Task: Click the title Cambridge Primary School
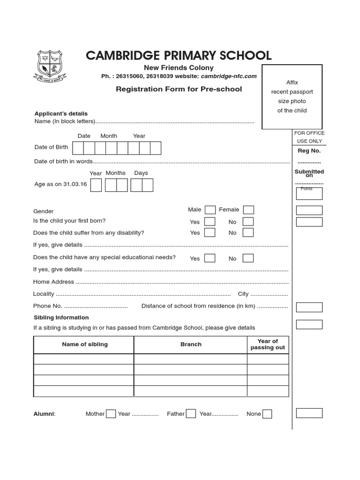pos(179,55)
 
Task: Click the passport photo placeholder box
pos(292,97)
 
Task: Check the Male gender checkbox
pos(210,210)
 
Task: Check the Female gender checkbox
pos(248,210)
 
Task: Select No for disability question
pos(248,232)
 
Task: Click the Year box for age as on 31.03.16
pos(96,185)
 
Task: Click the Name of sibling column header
pos(85,345)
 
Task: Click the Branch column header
pos(191,345)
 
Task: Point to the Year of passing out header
pos(268,345)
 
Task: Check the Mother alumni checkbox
pos(111,413)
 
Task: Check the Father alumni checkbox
pos(191,413)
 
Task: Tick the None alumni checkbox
pos(267,413)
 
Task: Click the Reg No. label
pos(309,151)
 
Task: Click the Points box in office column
pos(309,193)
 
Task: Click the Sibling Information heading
pos(61,318)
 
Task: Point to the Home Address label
pos(53,282)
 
